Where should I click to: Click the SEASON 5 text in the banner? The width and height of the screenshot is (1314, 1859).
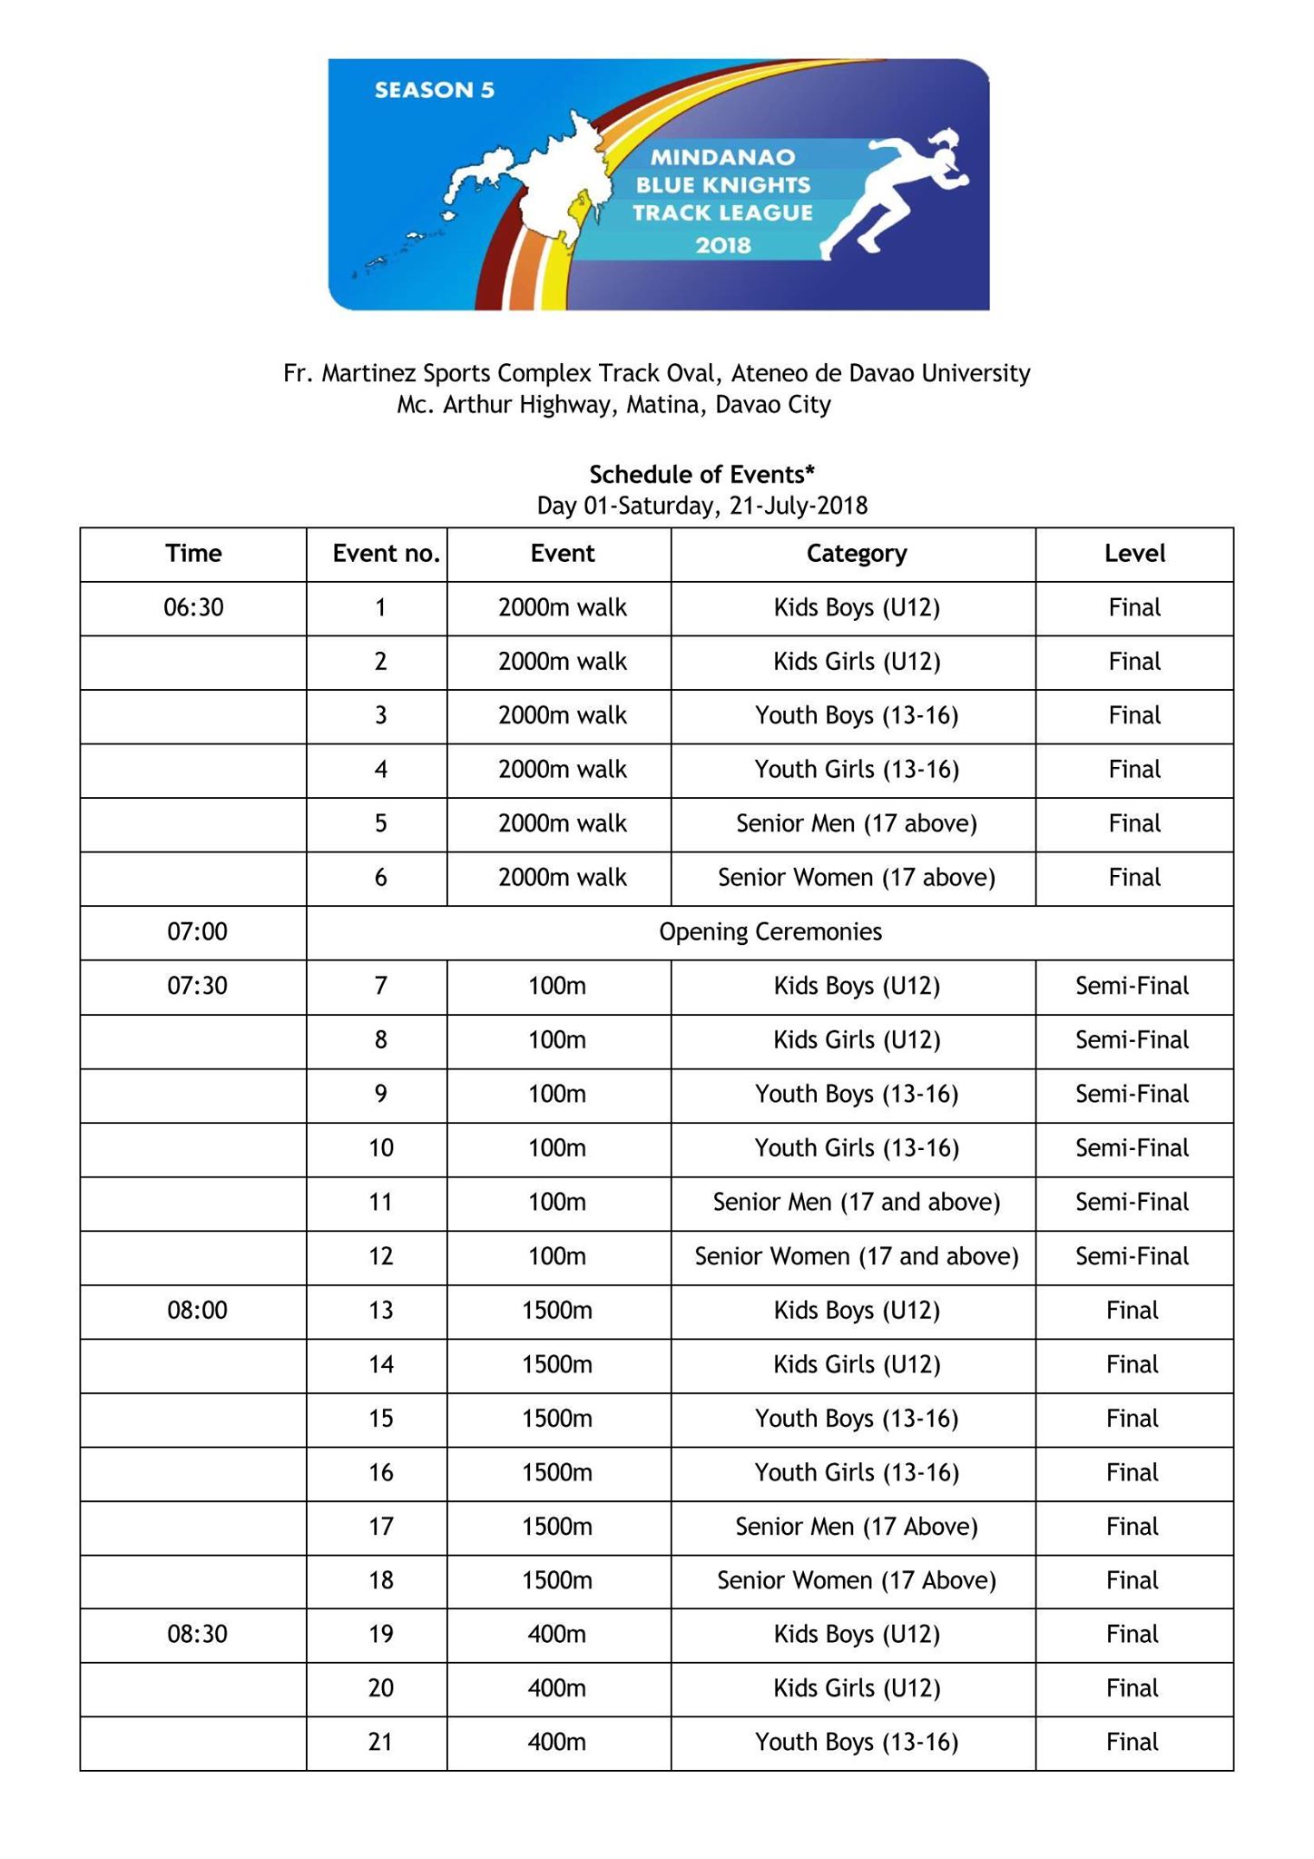(x=434, y=90)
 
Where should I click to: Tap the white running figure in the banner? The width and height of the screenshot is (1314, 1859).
(x=894, y=192)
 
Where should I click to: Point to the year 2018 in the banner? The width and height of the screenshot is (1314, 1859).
(x=723, y=245)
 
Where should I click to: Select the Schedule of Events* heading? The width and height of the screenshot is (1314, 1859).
(x=701, y=474)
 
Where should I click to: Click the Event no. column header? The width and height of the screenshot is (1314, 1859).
(x=386, y=554)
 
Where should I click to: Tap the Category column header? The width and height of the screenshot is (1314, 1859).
(x=857, y=554)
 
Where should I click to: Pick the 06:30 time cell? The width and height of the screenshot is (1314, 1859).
(x=193, y=607)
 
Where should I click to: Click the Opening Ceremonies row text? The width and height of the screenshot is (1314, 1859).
(x=770, y=932)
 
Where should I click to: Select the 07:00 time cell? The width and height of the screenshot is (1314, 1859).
(x=197, y=932)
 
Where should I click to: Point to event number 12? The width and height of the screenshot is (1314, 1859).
(x=380, y=1256)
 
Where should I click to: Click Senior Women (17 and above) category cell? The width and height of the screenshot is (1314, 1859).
(x=857, y=1256)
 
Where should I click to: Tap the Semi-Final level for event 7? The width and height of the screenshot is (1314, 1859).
(x=1132, y=986)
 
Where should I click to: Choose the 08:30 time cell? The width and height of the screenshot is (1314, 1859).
(x=197, y=1635)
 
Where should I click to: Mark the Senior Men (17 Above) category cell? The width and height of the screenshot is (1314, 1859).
(x=857, y=1527)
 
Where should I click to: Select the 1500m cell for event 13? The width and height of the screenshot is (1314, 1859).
(x=557, y=1311)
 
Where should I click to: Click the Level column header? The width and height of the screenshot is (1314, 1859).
(x=1134, y=554)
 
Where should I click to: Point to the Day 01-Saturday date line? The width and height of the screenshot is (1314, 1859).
(x=701, y=506)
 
